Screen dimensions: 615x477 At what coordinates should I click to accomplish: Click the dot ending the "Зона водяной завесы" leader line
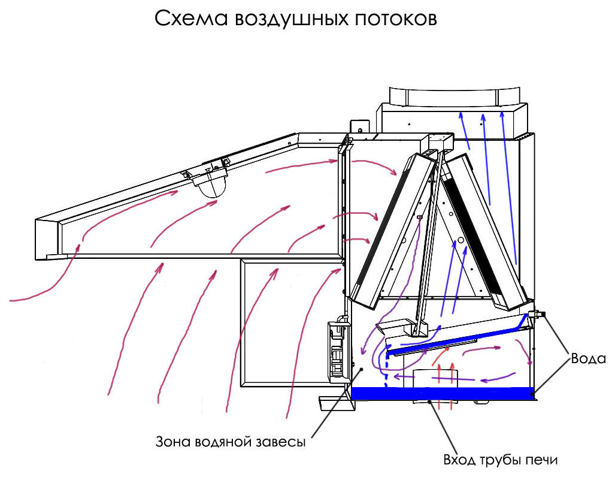[x=362, y=369]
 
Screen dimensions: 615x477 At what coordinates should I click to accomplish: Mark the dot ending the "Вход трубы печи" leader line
[x=430, y=401]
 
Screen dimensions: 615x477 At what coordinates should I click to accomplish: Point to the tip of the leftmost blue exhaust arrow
[x=461, y=113]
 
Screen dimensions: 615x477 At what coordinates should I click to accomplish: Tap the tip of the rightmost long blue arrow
[x=502, y=113]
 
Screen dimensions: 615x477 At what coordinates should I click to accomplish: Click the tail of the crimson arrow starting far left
[x=10, y=301]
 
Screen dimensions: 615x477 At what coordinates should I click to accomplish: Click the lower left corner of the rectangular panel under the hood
[x=241, y=387]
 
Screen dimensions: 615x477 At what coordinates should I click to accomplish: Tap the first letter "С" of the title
[x=162, y=19]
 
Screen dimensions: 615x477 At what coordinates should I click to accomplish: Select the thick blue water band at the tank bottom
[x=443, y=393]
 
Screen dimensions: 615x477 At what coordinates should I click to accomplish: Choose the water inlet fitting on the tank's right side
[x=537, y=314]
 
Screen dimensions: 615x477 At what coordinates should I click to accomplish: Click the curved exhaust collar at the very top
[x=455, y=96]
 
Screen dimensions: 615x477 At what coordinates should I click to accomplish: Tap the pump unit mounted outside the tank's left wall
[x=338, y=351]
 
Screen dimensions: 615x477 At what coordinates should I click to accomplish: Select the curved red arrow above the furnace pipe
[x=441, y=355]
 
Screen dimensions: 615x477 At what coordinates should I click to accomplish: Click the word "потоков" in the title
[x=396, y=19]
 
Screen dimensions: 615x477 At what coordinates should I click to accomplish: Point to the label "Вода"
[x=588, y=358]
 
